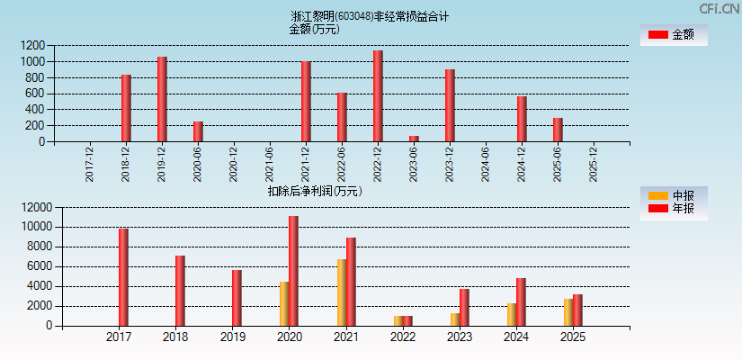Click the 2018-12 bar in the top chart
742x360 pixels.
(126, 108)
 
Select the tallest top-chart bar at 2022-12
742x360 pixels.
(378, 96)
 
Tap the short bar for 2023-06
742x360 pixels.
(414, 139)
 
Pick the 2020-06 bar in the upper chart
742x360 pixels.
(198, 131)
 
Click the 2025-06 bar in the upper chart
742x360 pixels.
(558, 130)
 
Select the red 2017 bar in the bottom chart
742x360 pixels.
(123, 277)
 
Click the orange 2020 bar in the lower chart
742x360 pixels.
(284, 304)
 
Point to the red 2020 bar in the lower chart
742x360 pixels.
(293, 271)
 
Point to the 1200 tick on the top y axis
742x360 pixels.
(34, 45)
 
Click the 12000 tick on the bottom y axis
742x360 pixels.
(31, 207)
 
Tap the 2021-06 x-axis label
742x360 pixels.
(270, 166)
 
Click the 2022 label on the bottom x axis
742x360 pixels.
(402, 337)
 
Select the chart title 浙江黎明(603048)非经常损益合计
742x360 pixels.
(370, 16)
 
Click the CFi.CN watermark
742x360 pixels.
(720, 8)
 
